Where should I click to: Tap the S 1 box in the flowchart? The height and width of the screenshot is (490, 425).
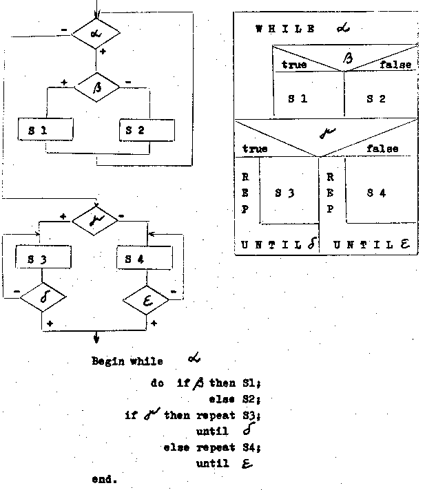pos(46,129)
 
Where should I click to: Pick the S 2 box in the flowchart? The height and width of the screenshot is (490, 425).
pos(146,129)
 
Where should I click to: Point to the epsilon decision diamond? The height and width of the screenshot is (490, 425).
pos(146,298)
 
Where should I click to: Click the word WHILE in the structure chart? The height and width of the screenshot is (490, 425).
pos(285,29)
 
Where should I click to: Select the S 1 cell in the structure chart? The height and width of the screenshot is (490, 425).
pos(298,98)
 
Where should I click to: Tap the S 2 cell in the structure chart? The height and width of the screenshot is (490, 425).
pos(376,98)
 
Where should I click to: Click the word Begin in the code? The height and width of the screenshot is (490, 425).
pos(107,361)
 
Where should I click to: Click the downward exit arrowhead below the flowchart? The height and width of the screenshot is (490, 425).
pos(96,338)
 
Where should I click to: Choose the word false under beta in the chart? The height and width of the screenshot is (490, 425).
pos(395,65)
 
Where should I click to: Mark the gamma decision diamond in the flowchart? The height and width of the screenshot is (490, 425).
pos(96,220)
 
